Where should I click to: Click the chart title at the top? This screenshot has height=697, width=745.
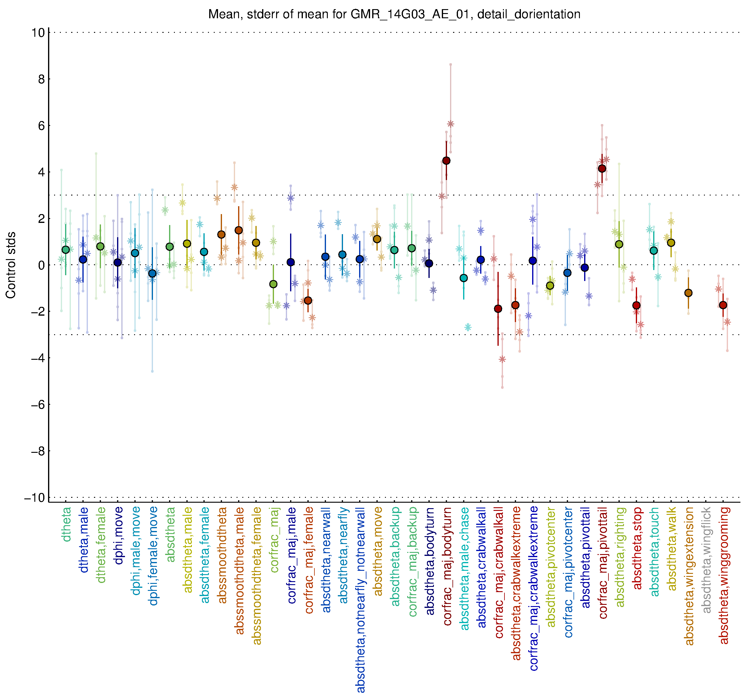[394, 14]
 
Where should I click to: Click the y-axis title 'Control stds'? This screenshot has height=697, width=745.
[11, 265]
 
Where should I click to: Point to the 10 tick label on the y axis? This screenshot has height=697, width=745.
[38, 33]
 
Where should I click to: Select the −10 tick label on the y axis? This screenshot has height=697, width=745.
[35, 497]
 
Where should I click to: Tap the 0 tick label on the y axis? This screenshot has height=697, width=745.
[41, 265]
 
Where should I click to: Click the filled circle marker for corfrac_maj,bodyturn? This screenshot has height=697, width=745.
[446, 161]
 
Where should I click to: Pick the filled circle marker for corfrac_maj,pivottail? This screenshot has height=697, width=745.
[602, 169]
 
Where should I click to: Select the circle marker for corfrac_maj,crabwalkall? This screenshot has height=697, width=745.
[498, 309]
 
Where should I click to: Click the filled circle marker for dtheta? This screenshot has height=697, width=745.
[66, 250]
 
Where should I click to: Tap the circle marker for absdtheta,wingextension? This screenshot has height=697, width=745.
[688, 293]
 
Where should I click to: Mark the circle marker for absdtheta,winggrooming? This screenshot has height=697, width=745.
[723, 305]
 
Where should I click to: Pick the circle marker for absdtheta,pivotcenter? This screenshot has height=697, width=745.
[550, 286]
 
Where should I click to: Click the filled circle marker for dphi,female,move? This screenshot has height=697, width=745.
[152, 274]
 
